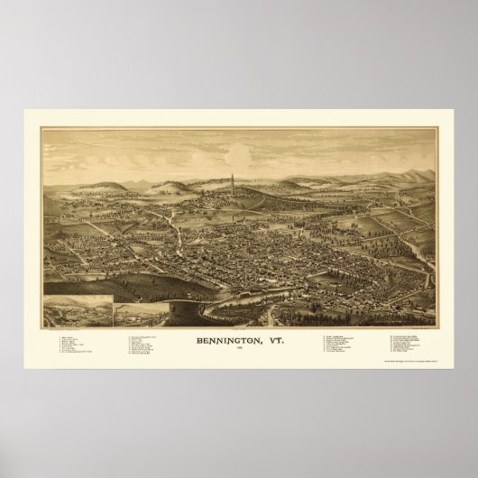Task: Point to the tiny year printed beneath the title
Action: click(x=239, y=350)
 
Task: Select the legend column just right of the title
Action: click(x=343, y=346)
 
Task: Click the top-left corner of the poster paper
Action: click(x=25, y=111)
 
